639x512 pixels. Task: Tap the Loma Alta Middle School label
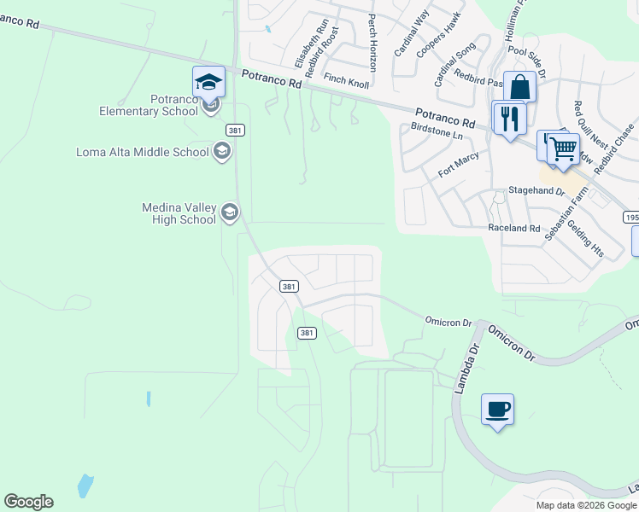tap(143, 153)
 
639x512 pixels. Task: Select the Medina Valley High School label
tap(179, 213)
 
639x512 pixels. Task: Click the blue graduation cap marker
tap(208, 83)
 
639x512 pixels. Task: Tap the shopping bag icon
tap(519, 87)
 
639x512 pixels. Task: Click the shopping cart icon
tap(563, 148)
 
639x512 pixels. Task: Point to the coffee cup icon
tap(497, 410)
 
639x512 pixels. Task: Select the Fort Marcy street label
tap(459, 164)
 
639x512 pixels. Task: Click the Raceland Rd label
tap(514, 229)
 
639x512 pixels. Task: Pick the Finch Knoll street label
tap(346, 79)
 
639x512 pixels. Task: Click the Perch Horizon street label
tap(372, 42)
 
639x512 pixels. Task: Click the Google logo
tap(28, 502)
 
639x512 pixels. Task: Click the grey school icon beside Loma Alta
tap(221, 152)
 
